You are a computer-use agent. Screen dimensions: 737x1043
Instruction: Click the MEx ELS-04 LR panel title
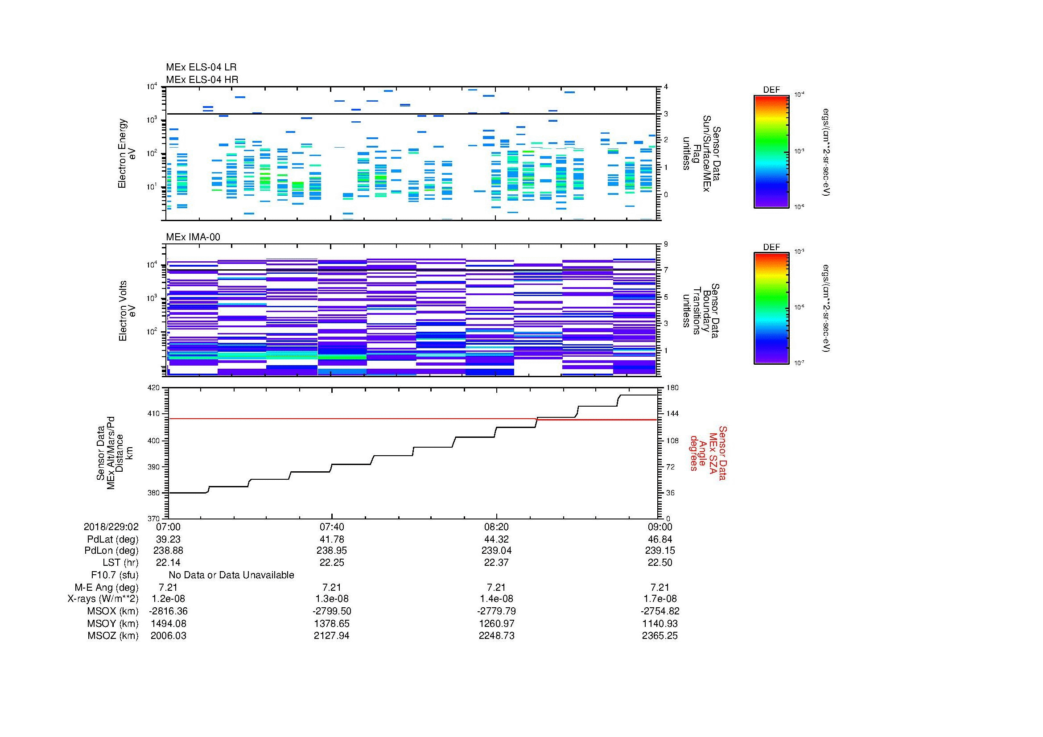pos(201,67)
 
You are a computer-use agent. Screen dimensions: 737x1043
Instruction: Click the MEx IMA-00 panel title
pos(193,237)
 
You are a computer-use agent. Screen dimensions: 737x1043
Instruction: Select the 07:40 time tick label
pos(332,527)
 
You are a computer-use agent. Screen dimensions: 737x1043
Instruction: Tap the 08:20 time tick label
pos(496,527)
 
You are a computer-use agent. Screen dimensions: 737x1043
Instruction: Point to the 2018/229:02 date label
pos(111,527)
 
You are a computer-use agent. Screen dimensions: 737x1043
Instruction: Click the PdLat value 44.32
pos(496,539)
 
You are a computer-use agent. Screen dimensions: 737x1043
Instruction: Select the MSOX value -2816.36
pos(168,611)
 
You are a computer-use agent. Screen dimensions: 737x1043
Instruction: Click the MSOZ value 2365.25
pos(660,636)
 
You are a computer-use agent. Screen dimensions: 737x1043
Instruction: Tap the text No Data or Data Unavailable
pos(231,575)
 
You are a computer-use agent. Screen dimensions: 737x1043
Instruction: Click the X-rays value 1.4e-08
pos(496,599)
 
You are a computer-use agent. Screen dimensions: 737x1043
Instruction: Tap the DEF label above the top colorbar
pos(771,90)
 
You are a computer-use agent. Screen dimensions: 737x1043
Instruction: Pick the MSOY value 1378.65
pos(332,623)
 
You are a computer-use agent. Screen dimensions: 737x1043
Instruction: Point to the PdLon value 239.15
pos(660,550)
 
